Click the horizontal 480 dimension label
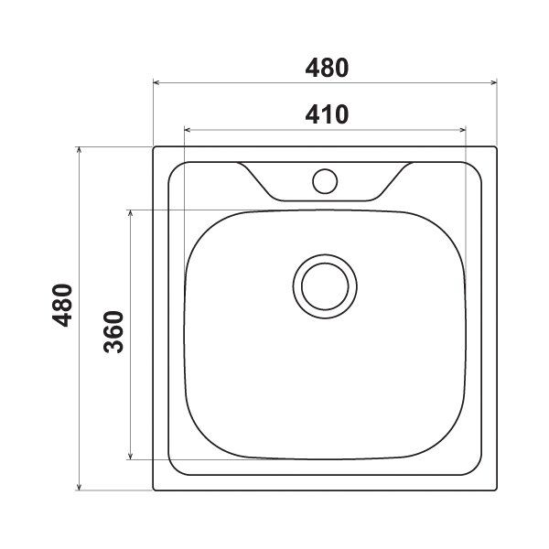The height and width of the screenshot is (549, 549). click(x=327, y=68)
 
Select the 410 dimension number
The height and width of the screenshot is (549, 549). click(x=327, y=114)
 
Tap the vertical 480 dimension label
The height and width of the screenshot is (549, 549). click(x=62, y=306)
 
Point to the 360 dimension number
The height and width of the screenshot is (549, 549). click(x=113, y=331)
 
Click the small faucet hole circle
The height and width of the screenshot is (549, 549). click(x=325, y=181)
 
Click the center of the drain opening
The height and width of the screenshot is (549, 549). click(x=325, y=286)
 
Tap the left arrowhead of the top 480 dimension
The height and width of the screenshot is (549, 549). click(x=156, y=82)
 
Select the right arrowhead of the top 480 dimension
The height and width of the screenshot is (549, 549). click(x=493, y=82)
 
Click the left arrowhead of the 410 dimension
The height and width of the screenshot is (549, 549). click(x=188, y=130)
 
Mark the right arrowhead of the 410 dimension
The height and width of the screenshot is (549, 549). click(x=462, y=130)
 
